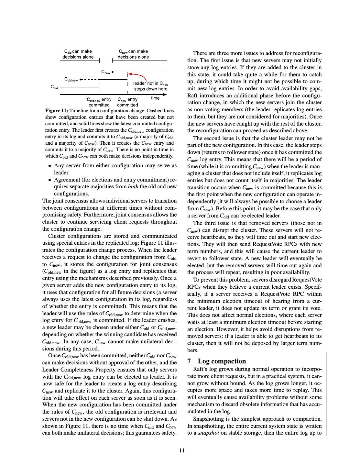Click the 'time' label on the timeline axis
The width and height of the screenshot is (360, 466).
(155, 98)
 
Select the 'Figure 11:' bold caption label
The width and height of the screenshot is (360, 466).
(57, 111)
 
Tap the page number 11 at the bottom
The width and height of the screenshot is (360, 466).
(182, 450)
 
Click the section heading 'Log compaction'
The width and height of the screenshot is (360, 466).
(222, 361)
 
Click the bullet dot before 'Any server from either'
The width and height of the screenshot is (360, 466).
(49, 166)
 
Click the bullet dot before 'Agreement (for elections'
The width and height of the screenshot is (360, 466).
(49, 180)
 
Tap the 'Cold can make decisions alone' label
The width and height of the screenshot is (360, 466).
(78, 54)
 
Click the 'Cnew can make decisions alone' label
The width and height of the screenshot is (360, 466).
(133, 54)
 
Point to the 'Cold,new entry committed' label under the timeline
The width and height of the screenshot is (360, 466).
(99, 102)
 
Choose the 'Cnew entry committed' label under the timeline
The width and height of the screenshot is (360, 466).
(127, 102)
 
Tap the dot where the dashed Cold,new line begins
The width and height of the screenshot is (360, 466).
(81, 79)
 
